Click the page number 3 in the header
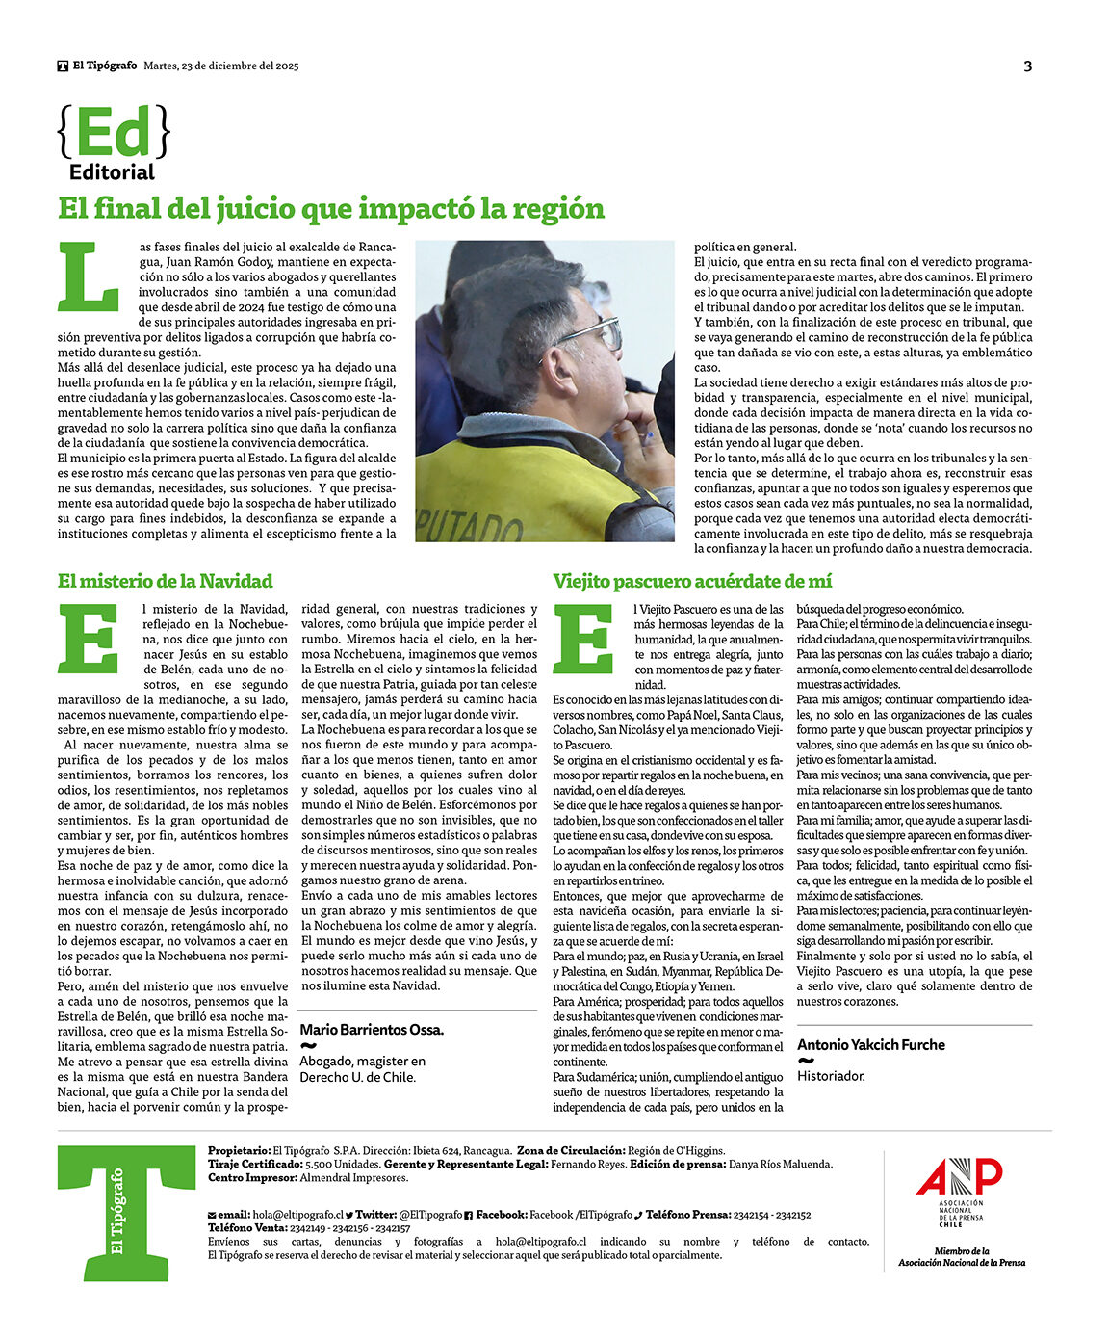pos(1027,66)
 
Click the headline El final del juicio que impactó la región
pos(331,208)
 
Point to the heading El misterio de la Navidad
pos(165,581)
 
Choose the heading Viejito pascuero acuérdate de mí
pos(692,581)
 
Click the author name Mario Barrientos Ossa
pos(372,1030)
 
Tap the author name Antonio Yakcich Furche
pos(870,1044)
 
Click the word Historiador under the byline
pos(831,1076)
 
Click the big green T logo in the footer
pos(125,1212)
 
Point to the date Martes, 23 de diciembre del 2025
pos(221,66)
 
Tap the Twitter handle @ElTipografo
pos(430,1215)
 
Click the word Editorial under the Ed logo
pos(112,172)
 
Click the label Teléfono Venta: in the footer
pos(247,1228)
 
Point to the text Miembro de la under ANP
pos(961,1251)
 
